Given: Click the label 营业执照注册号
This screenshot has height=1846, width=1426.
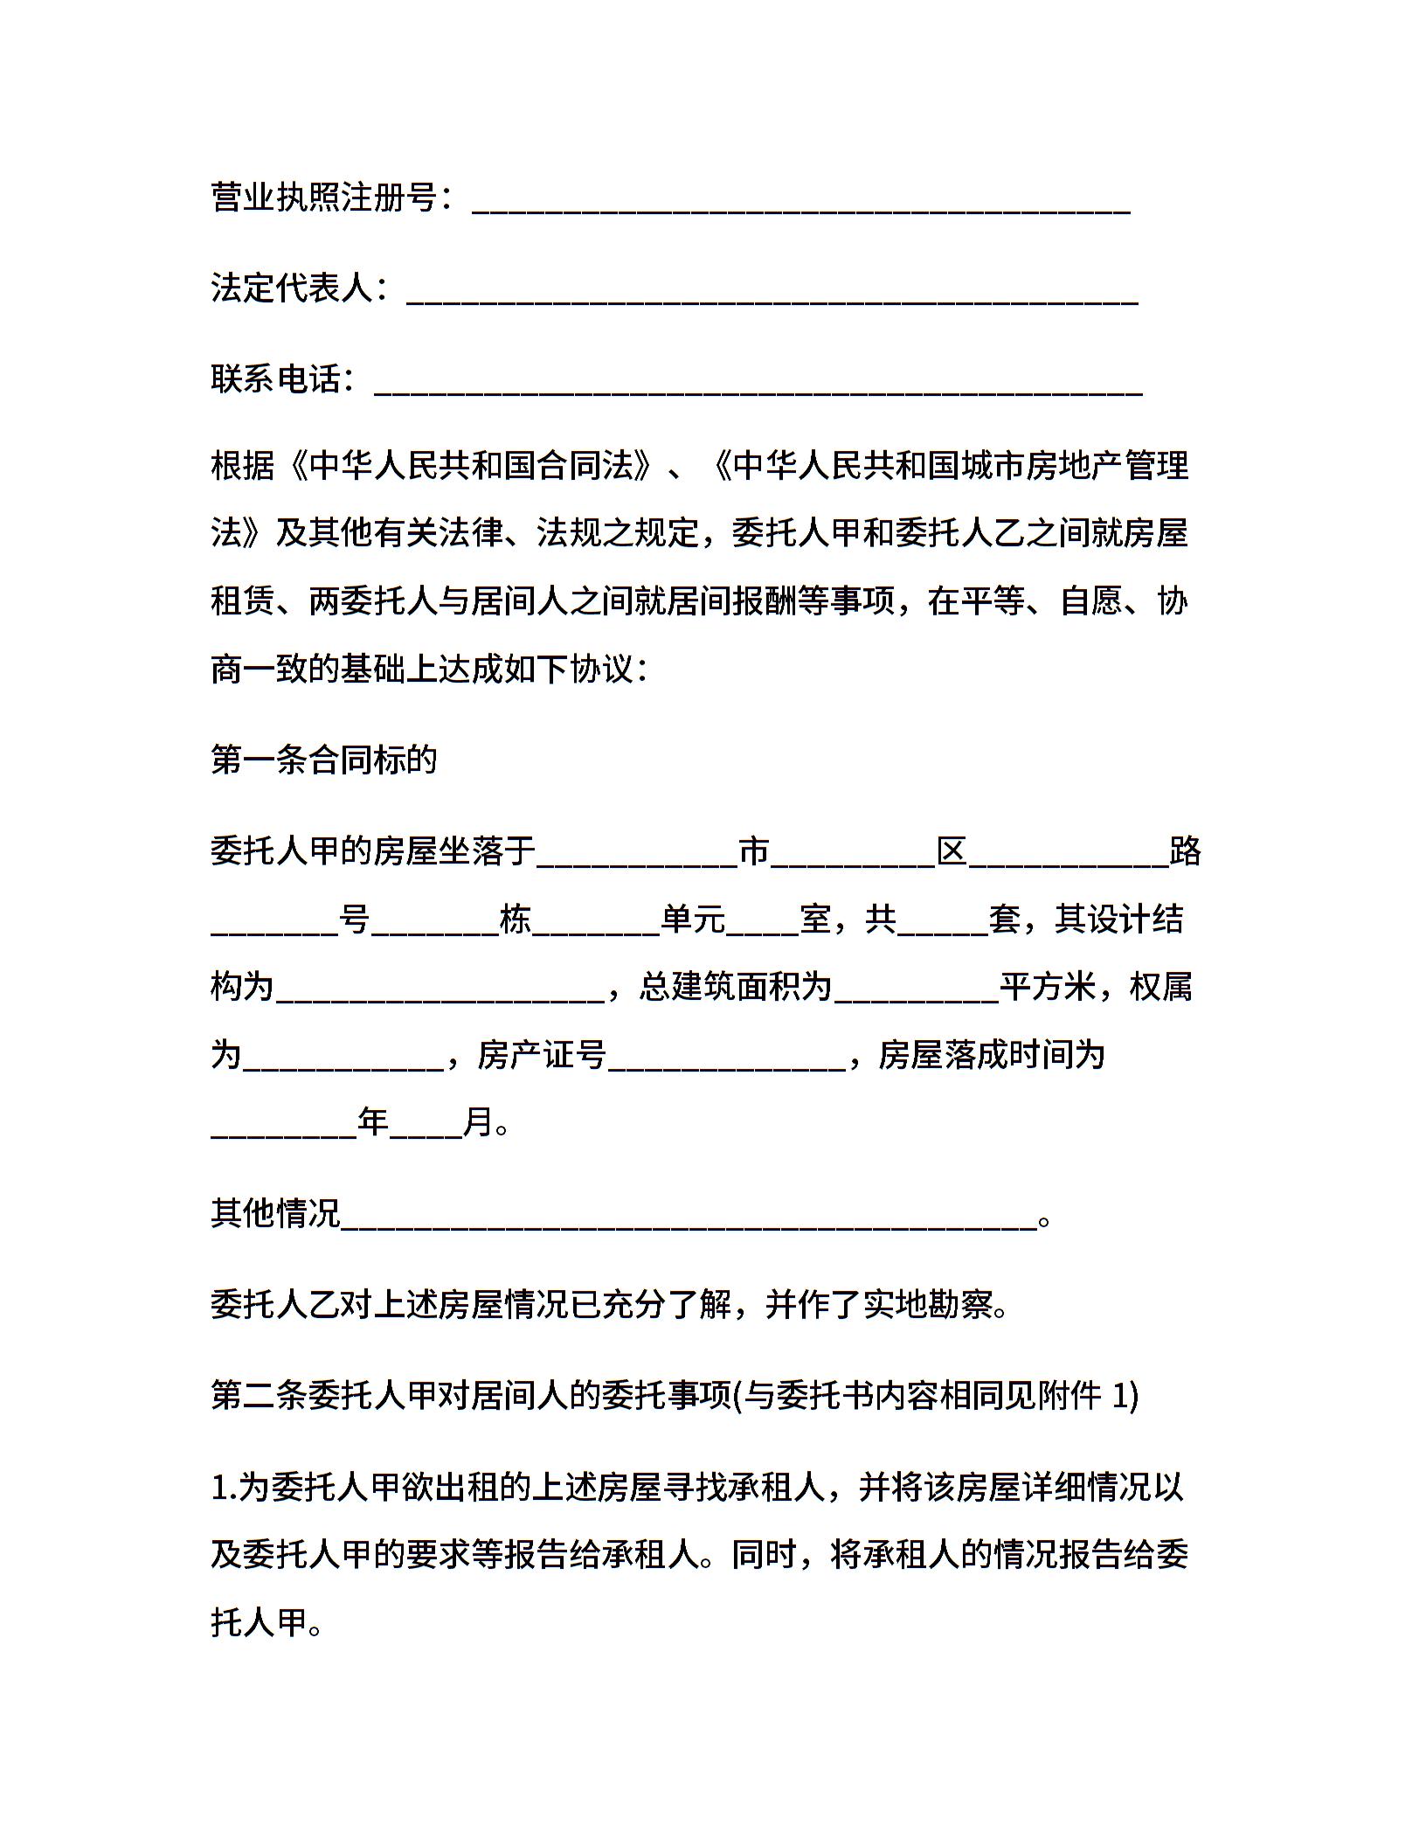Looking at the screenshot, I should (x=323, y=198).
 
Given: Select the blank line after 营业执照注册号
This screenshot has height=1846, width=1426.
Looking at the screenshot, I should (x=801, y=203).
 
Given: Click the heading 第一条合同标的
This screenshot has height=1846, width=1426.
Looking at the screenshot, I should (x=323, y=760).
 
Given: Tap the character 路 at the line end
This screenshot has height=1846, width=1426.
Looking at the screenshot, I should (x=1185, y=850).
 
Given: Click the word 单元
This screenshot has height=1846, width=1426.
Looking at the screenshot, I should (x=693, y=919).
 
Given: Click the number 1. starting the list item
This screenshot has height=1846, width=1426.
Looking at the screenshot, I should (x=223, y=1488).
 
